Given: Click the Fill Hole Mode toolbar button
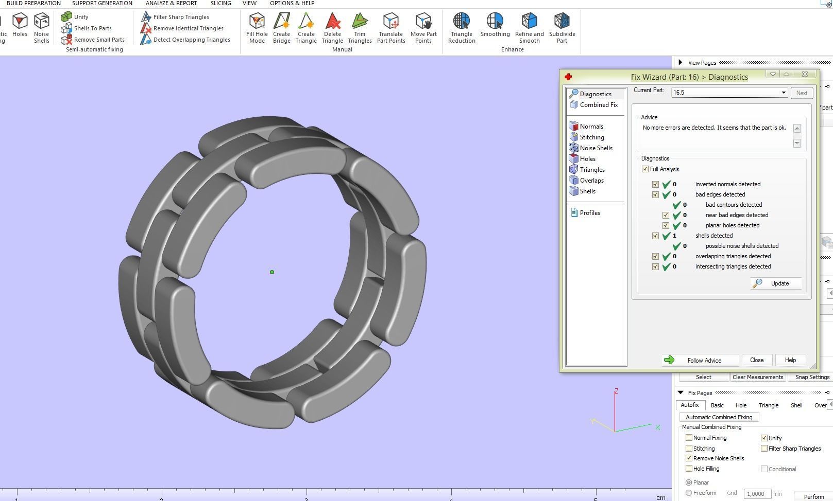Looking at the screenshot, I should [x=257, y=28].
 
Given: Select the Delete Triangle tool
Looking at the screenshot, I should [x=332, y=28].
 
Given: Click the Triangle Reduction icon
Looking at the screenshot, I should [x=461, y=28].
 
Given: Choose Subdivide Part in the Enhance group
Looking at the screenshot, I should [x=562, y=28].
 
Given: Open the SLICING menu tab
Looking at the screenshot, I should [x=220, y=3].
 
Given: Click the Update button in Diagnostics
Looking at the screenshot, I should [x=776, y=283].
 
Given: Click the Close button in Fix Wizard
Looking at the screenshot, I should [x=756, y=360].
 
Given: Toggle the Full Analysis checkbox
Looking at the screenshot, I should [x=645, y=169].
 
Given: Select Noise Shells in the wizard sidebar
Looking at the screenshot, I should [x=596, y=148].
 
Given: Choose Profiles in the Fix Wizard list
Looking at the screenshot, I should [x=589, y=213].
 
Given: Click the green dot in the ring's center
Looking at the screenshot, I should [x=272, y=272].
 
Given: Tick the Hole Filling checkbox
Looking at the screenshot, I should [x=689, y=469].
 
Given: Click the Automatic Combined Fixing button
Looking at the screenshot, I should [x=719, y=417].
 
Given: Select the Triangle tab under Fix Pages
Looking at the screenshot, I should [x=768, y=405].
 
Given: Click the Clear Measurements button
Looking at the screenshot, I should [x=757, y=377].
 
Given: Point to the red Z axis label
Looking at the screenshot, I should [x=616, y=391].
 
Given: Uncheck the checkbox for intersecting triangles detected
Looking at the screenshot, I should [x=655, y=266].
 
